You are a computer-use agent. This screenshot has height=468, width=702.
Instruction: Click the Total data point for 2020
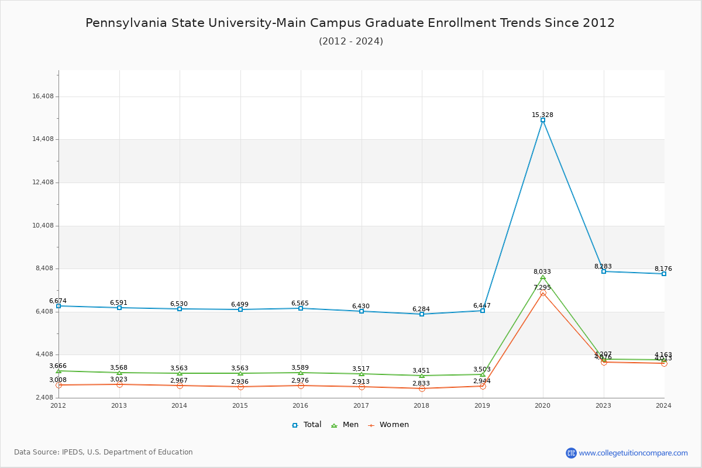543,120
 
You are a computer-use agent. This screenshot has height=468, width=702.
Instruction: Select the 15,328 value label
542,115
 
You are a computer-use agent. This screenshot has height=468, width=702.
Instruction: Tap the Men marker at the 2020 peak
543,277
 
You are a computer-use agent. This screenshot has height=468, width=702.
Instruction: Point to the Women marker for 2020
543,293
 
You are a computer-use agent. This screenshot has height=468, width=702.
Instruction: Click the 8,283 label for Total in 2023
603,267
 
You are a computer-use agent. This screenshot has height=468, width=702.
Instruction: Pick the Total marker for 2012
58,306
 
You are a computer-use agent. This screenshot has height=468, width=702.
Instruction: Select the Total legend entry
307,425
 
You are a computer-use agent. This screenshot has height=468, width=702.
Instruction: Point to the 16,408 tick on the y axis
43,97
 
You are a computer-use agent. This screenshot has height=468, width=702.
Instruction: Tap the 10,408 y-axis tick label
43,226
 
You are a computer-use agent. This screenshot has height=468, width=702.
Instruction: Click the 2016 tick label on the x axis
300,405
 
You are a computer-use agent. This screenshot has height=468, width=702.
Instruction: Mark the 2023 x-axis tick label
603,405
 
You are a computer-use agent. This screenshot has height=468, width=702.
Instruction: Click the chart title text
350,23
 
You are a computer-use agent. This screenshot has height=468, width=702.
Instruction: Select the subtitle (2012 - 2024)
351,42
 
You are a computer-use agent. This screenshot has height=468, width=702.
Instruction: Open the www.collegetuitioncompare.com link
633,453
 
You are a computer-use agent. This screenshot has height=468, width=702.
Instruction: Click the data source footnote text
104,452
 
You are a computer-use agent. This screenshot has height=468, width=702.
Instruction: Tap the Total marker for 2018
422,314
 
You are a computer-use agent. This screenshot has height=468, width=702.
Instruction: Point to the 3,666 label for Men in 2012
58,366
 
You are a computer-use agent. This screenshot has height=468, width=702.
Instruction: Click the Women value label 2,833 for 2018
421,384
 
